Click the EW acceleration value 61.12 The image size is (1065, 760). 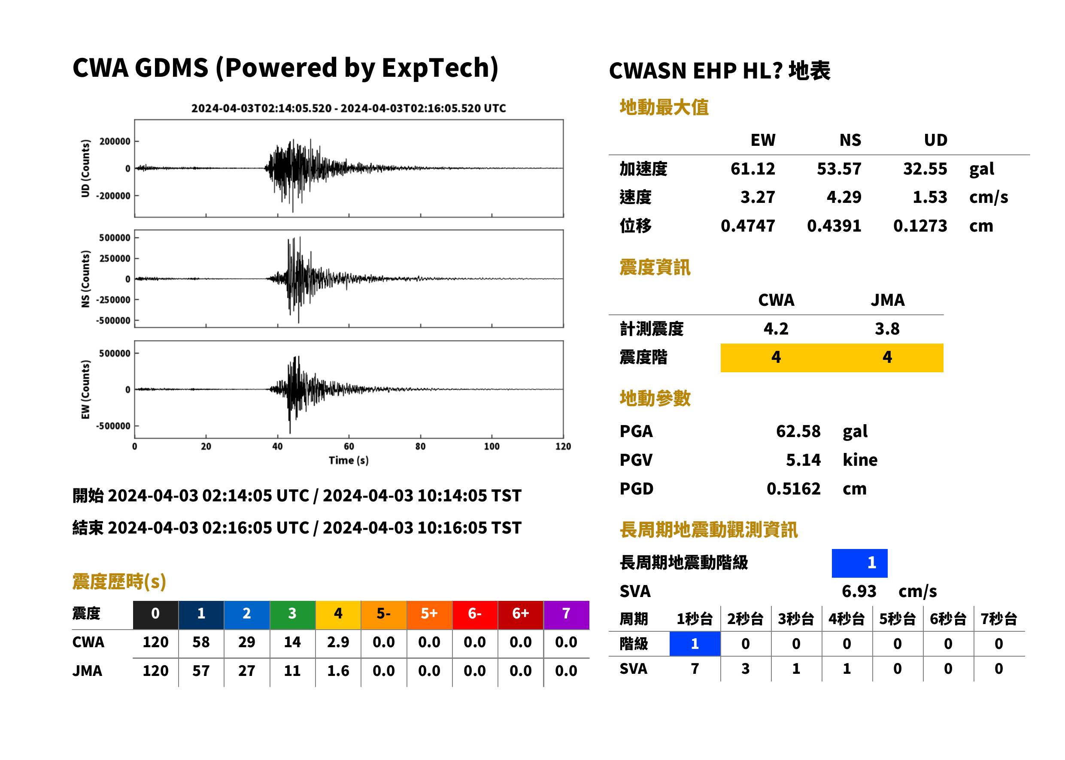(752, 169)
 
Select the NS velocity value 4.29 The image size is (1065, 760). (844, 197)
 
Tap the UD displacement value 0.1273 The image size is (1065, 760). (920, 226)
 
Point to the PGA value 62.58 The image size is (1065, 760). (798, 431)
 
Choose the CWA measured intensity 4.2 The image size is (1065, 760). (776, 329)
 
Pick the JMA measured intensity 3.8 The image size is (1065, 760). (887, 329)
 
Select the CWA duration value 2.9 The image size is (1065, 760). (338, 642)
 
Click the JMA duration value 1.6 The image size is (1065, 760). (338, 671)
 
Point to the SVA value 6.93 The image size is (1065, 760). (859, 591)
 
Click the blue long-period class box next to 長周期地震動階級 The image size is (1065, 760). (859, 563)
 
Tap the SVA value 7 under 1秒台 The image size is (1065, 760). (695, 669)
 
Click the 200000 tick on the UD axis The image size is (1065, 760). (115, 142)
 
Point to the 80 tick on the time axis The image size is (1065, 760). (420, 446)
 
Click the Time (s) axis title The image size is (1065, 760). (349, 461)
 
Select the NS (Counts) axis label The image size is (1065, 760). (85, 279)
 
